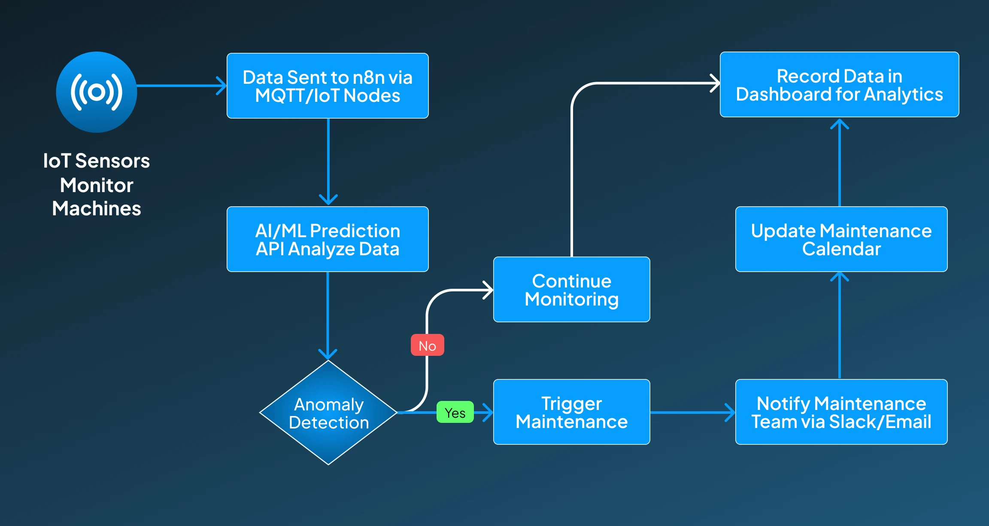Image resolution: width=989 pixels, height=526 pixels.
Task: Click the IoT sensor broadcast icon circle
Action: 97,92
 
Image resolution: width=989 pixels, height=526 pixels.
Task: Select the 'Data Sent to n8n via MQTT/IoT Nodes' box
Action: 328,86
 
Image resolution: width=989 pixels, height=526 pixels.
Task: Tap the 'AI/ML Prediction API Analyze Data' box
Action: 328,239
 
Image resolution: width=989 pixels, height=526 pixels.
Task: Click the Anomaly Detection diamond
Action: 328,413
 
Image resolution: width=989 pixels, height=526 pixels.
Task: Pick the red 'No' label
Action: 427,345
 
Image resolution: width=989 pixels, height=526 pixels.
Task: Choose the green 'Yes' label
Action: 455,413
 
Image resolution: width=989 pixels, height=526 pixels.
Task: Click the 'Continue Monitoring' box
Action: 571,290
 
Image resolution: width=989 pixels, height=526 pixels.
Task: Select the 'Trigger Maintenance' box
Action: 571,412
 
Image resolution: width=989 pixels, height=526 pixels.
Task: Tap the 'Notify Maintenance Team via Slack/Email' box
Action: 841,412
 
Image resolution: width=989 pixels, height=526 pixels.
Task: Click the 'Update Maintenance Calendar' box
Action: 841,239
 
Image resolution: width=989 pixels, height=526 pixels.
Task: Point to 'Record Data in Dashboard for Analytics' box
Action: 839,85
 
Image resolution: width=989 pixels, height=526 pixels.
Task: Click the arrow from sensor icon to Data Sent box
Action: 180,86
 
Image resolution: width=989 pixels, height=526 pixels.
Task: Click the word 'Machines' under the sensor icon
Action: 97,209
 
